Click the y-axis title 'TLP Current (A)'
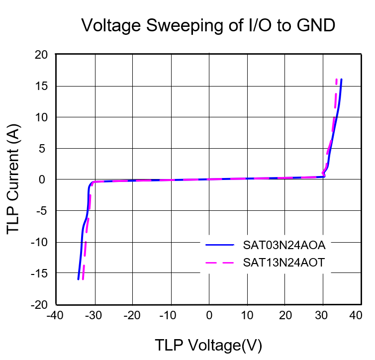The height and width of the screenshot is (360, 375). (13, 180)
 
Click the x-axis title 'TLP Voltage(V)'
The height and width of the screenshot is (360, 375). (208, 345)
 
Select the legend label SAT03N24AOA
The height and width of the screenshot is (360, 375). (284, 245)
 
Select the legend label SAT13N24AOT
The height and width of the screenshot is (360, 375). (284, 263)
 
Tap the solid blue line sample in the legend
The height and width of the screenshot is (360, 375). (220, 245)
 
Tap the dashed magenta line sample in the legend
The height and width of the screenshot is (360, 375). (220, 263)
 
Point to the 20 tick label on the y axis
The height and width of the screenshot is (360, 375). (41, 55)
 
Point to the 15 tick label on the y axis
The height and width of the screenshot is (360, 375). (41, 86)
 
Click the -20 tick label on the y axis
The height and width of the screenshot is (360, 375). (39, 304)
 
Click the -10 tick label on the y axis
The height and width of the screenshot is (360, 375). (39, 242)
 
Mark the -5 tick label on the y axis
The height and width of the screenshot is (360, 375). (42, 211)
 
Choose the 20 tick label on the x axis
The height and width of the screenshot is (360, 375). (285, 315)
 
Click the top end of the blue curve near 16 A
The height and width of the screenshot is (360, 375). (341, 80)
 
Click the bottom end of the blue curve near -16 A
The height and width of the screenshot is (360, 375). (79, 279)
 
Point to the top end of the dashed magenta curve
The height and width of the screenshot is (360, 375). (337, 80)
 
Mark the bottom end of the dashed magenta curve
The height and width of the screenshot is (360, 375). (83, 279)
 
